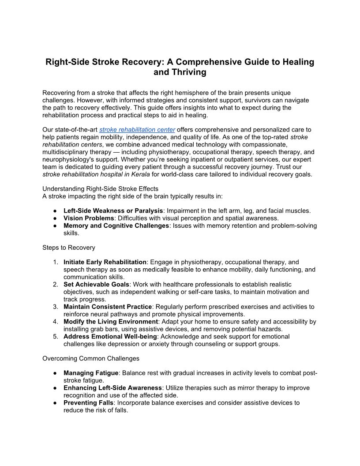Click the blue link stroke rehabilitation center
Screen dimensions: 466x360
click(x=137, y=130)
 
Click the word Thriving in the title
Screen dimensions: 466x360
click(x=180, y=72)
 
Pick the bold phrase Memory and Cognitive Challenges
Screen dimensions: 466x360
click(x=116, y=225)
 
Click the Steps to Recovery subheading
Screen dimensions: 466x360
click(x=68, y=248)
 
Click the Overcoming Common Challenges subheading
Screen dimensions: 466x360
click(x=91, y=358)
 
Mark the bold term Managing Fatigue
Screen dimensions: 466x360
click(x=91, y=373)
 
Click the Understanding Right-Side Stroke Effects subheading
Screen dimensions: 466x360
click(x=100, y=189)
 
